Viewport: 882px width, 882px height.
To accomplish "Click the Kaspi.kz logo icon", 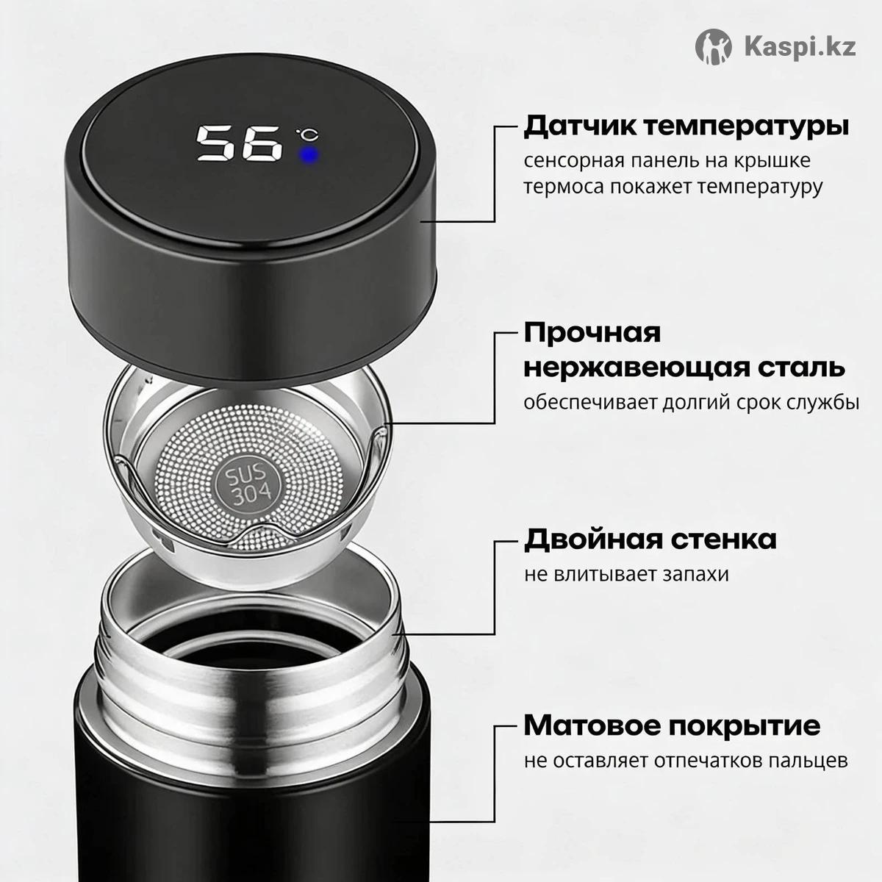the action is pyautogui.click(x=713, y=47).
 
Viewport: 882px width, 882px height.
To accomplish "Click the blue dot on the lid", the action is pyautogui.click(x=309, y=155).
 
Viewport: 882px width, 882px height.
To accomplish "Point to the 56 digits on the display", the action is pyautogui.click(x=238, y=143).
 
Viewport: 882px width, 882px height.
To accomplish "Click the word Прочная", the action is pyautogui.click(x=592, y=333).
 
